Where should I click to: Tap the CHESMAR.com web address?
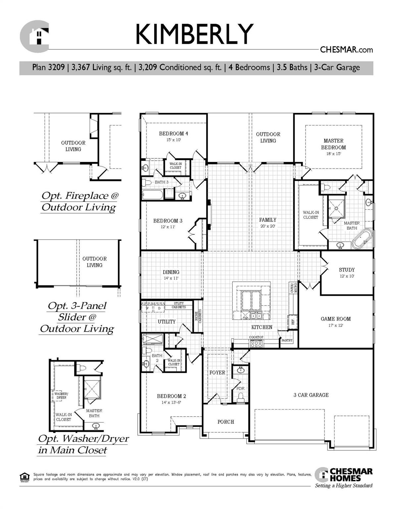point(346,50)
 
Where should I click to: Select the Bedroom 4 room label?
point(173,134)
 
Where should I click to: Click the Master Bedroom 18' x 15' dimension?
point(333,154)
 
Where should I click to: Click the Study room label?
point(347,270)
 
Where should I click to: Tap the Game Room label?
point(335,319)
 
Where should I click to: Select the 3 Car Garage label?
point(311,395)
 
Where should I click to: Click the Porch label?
point(225,422)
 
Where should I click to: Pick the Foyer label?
point(217,372)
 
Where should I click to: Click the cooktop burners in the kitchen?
point(256,344)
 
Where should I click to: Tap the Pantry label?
point(287,340)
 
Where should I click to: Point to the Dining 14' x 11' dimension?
point(171,278)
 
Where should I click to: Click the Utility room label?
point(167,321)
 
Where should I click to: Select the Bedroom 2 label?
point(171,396)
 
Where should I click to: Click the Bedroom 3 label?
point(168,221)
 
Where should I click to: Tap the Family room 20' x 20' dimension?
point(268,226)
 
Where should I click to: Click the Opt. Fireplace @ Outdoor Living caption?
point(79,201)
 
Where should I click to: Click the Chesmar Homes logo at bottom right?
point(344,475)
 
